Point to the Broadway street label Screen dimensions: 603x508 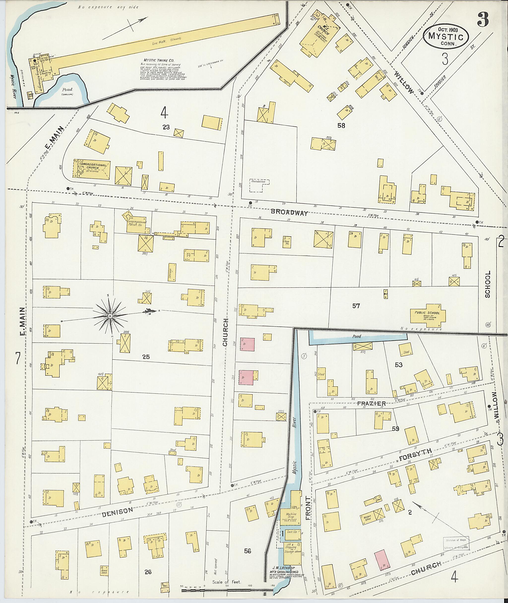coord(289,213)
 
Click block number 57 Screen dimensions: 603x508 coord(356,306)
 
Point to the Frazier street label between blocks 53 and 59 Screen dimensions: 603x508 coord(371,404)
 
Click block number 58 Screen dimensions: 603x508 coord(341,126)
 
